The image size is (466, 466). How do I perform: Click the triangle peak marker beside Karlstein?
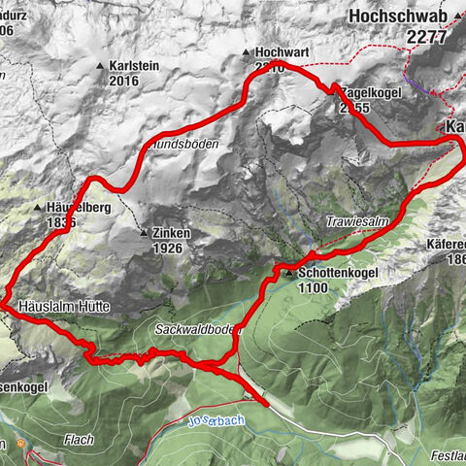coord(101,66)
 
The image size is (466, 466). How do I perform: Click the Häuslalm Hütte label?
coord(64,306)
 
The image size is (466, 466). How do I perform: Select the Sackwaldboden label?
coord(196,330)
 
